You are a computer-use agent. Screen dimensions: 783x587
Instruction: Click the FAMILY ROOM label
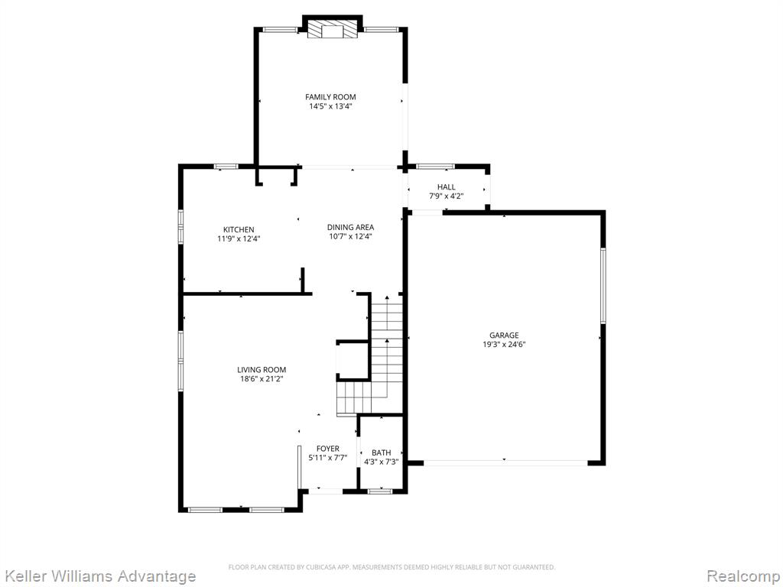tap(330, 97)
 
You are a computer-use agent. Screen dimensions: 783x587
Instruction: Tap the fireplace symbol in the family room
tap(333, 29)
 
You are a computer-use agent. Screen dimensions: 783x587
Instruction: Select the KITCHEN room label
tap(239, 229)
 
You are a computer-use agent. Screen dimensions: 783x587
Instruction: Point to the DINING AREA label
tap(350, 227)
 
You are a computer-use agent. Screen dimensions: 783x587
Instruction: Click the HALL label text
tap(447, 186)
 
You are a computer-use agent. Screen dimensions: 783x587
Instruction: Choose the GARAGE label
tap(504, 336)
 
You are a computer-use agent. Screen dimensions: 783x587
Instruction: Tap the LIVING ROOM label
tap(262, 370)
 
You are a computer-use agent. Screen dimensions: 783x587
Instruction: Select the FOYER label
tap(327, 449)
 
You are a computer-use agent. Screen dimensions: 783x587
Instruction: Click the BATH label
tap(382, 452)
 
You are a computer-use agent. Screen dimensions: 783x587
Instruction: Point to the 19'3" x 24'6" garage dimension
tap(504, 345)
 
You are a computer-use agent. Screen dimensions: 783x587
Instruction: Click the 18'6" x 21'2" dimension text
tap(262, 379)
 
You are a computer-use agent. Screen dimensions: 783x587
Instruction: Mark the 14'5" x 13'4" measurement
tap(330, 106)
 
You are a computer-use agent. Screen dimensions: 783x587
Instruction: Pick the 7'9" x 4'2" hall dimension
tap(447, 196)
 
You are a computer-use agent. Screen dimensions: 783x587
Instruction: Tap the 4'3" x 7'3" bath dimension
tap(382, 462)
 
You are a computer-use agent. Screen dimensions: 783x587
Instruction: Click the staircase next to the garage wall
tap(370, 355)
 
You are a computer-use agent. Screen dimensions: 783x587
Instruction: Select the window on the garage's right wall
tap(603, 286)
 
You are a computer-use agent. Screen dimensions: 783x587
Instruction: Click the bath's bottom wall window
tap(380, 491)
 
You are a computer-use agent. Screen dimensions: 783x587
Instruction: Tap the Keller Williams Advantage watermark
tap(99, 576)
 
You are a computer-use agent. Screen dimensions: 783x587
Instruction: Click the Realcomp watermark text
tap(743, 576)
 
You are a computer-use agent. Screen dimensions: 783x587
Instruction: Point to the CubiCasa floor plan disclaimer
tap(391, 567)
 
